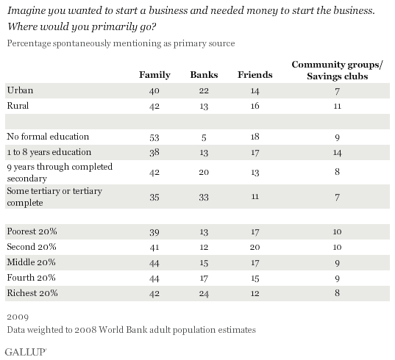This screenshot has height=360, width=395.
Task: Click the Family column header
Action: click(x=154, y=75)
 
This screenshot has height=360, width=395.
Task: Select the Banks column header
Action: click(x=204, y=75)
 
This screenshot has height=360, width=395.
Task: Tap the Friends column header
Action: click(x=255, y=75)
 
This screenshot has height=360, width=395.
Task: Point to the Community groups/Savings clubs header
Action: click(x=338, y=71)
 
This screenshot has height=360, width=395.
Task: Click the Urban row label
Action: click(x=20, y=90)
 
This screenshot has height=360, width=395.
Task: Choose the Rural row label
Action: click(x=18, y=105)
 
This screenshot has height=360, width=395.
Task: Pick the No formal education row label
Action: click(x=48, y=137)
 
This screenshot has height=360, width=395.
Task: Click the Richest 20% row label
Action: click(x=32, y=293)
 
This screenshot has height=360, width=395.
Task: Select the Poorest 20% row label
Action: click(x=32, y=231)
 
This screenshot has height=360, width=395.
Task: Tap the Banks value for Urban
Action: click(x=204, y=90)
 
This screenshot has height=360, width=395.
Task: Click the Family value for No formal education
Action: click(x=154, y=137)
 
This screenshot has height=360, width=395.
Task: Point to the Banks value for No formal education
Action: click(x=204, y=137)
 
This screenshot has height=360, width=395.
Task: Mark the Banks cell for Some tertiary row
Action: click(x=204, y=197)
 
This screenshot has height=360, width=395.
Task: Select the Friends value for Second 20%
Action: click(x=255, y=248)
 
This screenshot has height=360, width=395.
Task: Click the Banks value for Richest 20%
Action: click(x=204, y=294)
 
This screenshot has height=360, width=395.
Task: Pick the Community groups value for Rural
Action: click(x=338, y=107)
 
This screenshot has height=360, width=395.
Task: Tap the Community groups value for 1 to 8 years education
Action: click(x=337, y=153)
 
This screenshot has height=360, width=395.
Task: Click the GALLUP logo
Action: click(x=25, y=352)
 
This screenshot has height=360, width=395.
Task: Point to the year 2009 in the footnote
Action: click(x=18, y=317)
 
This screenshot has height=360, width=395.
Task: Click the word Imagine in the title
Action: click(x=26, y=11)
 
